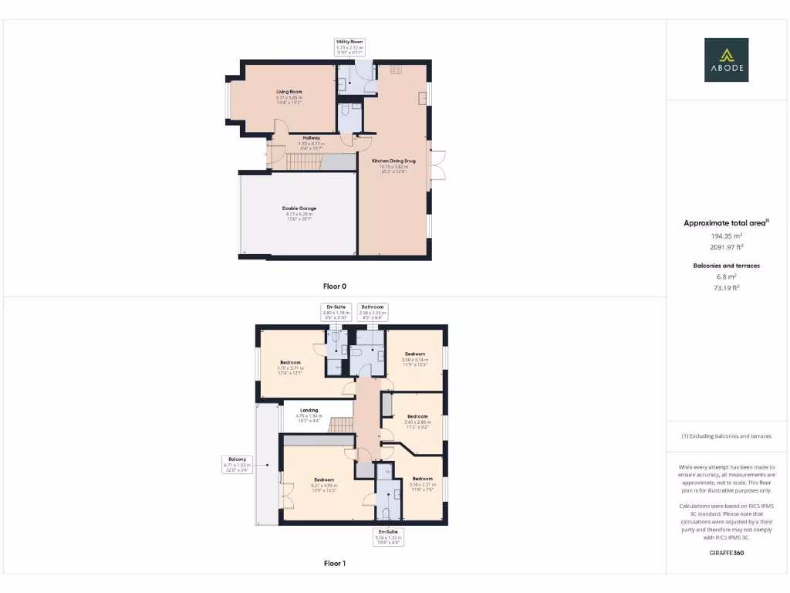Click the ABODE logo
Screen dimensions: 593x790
click(x=726, y=60)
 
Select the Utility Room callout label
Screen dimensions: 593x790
click(x=349, y=46)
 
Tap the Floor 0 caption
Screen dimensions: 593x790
click(x=334, y=286)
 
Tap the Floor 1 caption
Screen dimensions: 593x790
click(x=334, y=564)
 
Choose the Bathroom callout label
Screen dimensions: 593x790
click(x=372, y=311)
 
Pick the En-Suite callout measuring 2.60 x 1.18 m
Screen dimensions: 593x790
click(x=334, y=311)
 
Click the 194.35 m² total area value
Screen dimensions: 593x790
click(x=726, y=236)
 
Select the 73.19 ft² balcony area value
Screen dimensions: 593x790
click(x=726, y=287)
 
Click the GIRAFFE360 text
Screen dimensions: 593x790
click(x=726, y=553)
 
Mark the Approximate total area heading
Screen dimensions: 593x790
click(x=726, y=223)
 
